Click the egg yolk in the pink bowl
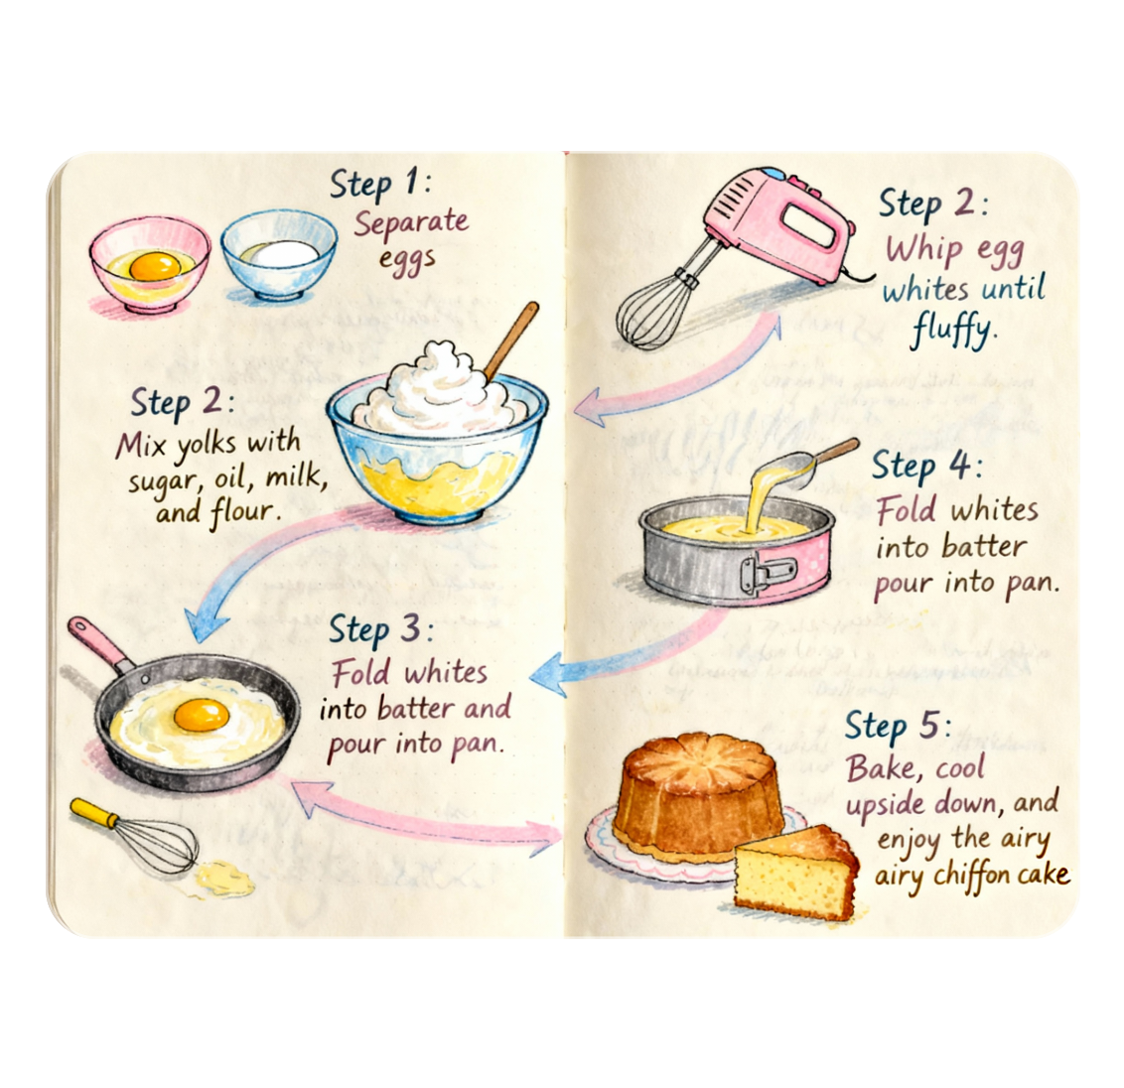click(155, 266)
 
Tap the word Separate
click(411, 222)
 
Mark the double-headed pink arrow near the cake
click(427, 814)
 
